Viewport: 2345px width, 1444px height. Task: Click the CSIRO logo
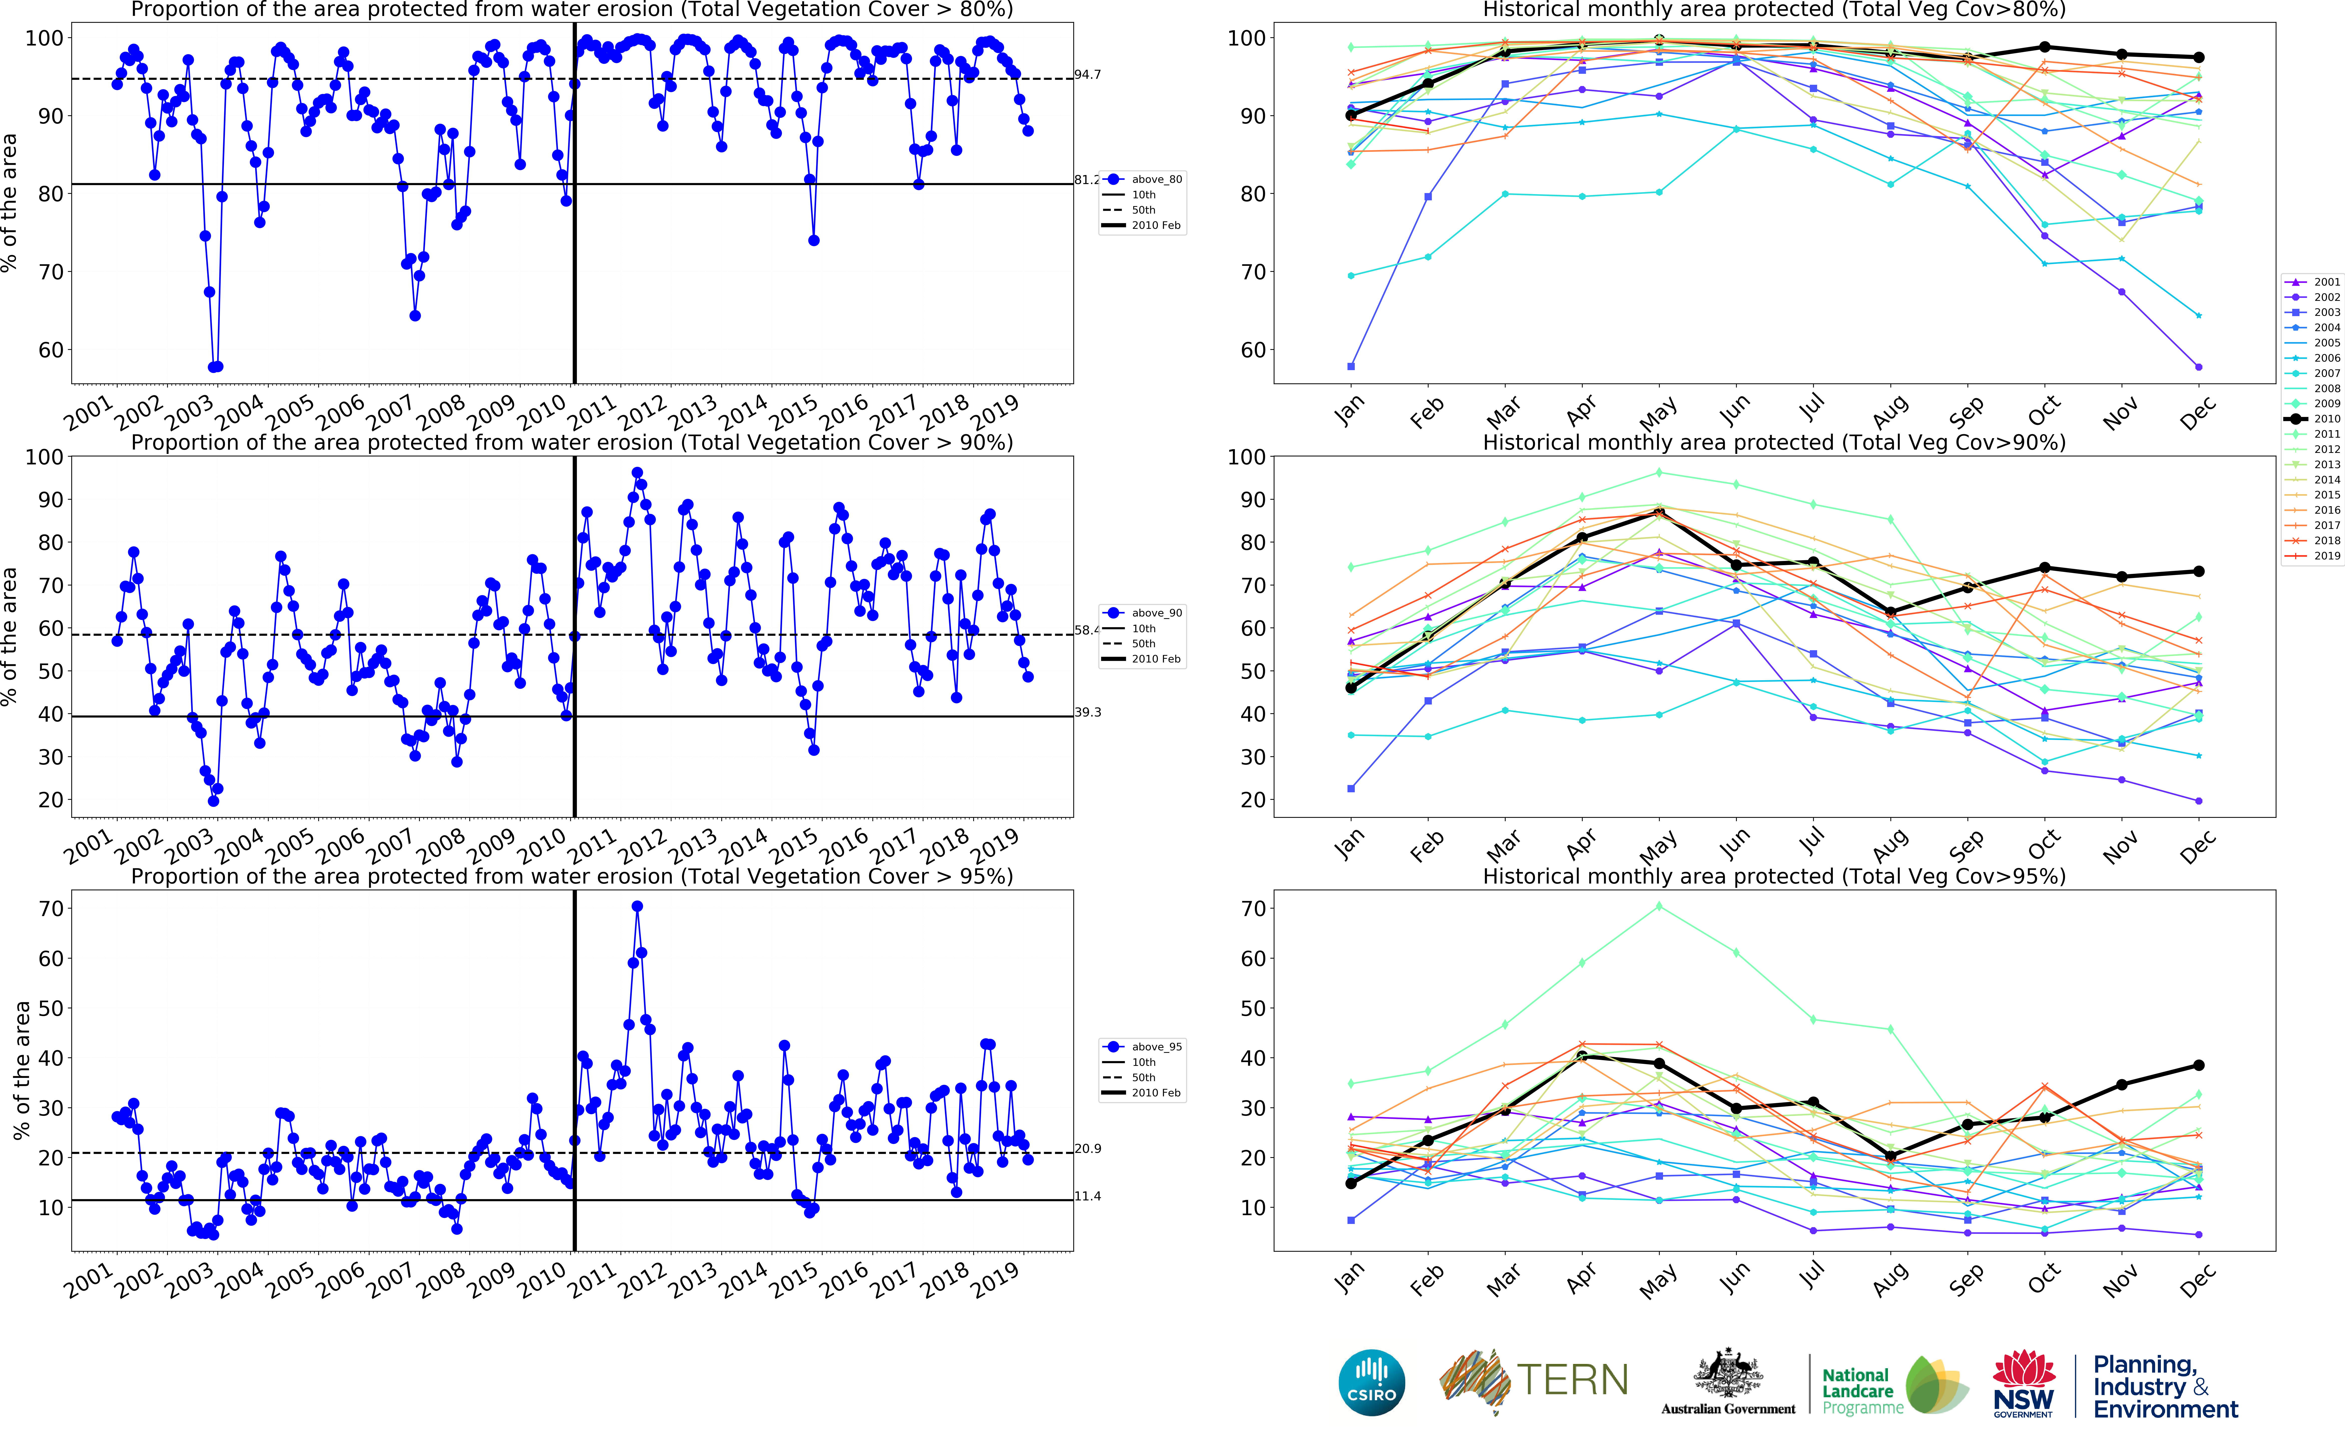(x=1372, y=1382)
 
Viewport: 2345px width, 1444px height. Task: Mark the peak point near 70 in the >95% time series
(x=637, y=906)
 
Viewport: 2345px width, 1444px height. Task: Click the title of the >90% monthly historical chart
(x=1774, y=442)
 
